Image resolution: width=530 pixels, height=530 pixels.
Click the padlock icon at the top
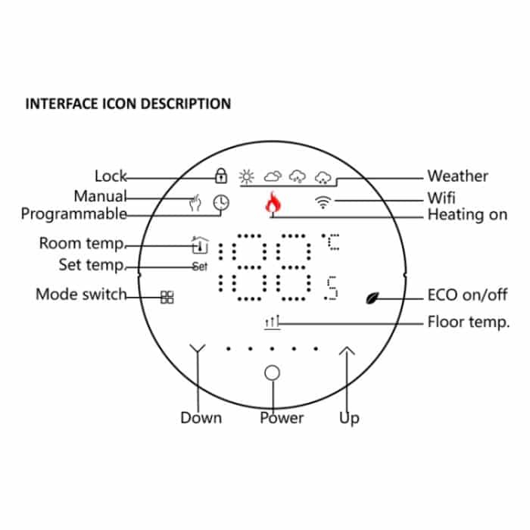click(220, 176)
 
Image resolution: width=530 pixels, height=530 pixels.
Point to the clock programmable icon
click(221, 202)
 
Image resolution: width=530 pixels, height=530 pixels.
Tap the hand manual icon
click(195, 203)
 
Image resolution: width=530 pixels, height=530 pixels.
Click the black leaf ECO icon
click(374, 297)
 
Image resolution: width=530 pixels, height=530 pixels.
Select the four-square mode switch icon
click(167, 297)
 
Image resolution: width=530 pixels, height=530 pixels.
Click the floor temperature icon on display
click(272, 323)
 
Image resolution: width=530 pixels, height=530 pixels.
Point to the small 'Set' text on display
click(199, 267)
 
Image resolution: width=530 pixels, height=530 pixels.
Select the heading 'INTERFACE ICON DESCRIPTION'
click(128, 104)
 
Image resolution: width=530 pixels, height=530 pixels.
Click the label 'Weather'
click(457, 176)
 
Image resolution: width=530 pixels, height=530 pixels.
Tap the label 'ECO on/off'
click(467, 295)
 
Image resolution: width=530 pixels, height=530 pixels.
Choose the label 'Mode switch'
click(81, 295)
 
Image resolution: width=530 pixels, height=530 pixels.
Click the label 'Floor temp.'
click(468, 322)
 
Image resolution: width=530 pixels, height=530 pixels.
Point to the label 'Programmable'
click(73, 214)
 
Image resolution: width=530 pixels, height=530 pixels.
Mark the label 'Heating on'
click(466, 215)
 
